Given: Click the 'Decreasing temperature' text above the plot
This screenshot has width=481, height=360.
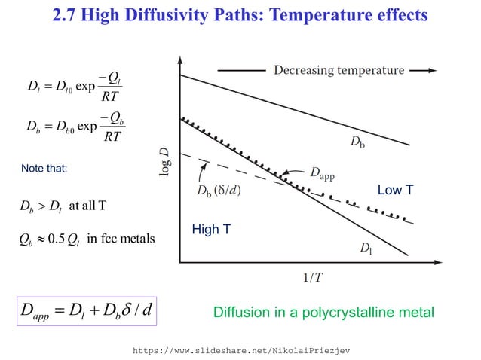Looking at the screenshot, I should click(339, 70).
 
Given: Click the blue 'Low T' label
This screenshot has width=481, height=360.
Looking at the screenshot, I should click(395, 191).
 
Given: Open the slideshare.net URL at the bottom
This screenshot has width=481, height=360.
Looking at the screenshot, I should click(240, 350).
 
